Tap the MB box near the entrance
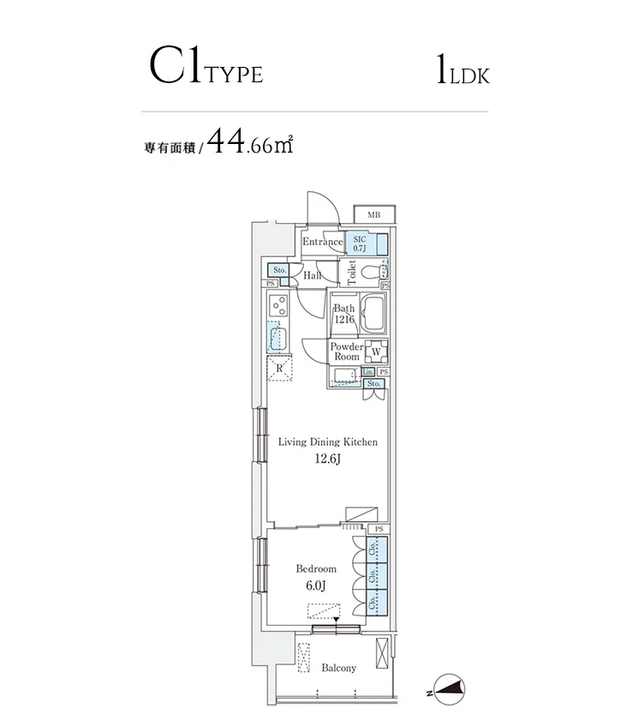tap(374, 214)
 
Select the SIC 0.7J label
tap(359, 243)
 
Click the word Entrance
tap(322, 243)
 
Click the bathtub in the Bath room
tap(375, 315)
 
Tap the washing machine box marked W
tap(376, 351)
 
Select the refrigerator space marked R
tap(279, 368)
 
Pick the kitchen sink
tap(277, 337)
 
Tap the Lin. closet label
tap(367, 371)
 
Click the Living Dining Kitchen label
tap(327, 442)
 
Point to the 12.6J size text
tap(327, 460)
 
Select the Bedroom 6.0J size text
tap(316, 586)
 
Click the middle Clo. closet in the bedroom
tap(373, 574)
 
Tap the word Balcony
tap(338, 668)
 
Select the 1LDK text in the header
tap(462, 72)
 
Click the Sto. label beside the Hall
tap(279, 270)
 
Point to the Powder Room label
tap(346, 351)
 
